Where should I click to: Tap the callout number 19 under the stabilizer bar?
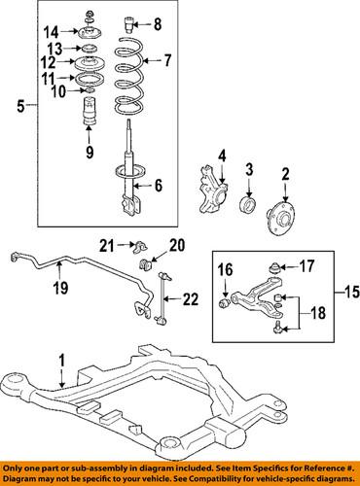pos(61,287)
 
